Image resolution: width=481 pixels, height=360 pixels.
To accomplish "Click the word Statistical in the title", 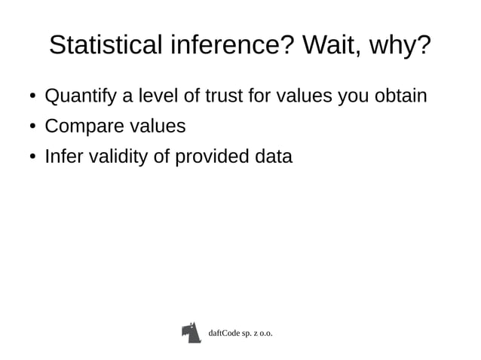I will point(103,46).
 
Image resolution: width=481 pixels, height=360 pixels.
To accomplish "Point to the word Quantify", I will point(79,97).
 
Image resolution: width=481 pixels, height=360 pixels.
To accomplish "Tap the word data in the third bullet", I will point(273,157).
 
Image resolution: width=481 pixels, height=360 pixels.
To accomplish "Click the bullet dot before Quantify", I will point(32,98).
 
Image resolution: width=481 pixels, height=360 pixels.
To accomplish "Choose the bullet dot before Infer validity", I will point(32,158).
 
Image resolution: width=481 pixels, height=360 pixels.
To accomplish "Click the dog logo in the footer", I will point(191,332).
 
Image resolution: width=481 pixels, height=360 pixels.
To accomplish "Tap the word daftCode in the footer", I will point(225,332).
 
